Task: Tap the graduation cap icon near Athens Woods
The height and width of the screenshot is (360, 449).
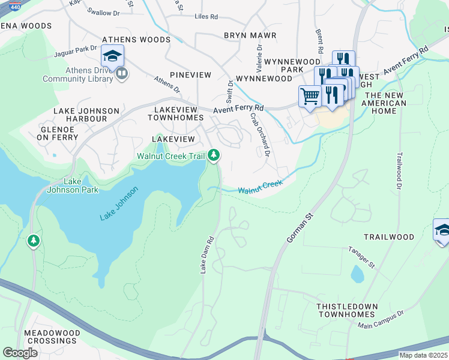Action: tap(112, 56)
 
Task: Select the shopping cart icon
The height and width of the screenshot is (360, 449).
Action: tap(310, 96)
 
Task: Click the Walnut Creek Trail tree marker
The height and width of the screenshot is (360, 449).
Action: tap(214, 156)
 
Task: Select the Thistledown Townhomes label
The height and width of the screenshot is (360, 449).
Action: tap(348, 310)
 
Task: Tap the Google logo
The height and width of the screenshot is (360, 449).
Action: tap(20, 353)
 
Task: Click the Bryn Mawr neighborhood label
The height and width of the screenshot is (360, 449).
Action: tap(250, 35)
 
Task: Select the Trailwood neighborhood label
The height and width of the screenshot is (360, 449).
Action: tap(389, 237)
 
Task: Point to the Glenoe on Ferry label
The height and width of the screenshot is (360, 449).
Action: tap(58, 133)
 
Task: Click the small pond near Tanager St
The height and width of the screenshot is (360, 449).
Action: tap(357, 274)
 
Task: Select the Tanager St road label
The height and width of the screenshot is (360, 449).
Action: tap(361, 257)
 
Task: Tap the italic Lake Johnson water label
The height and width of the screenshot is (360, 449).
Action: tap(119, 203)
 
